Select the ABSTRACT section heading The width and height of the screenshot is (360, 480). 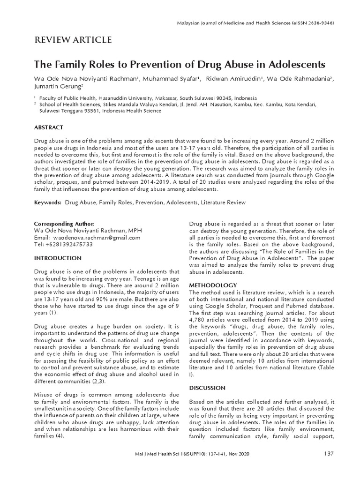click(49, 127)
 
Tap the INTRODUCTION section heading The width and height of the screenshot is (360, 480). click(58, 258)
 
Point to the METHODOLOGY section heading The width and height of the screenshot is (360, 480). click(212, 285)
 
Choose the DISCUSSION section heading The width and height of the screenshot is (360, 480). click(207, 388)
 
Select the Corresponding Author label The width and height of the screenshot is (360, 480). click(64, 224)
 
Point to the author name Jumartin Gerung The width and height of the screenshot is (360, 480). click(58, 87)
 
